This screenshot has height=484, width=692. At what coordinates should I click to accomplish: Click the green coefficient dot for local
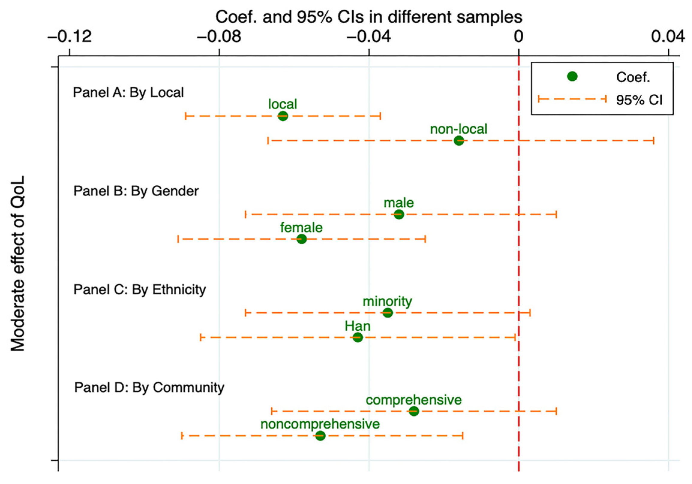282,116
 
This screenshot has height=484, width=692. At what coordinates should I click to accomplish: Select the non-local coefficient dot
459,140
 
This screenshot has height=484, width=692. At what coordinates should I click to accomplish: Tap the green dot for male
399,215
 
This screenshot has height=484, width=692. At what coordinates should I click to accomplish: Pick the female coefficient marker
301,239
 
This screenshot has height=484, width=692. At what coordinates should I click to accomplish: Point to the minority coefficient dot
388,313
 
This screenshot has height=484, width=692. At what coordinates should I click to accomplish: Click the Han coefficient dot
357,338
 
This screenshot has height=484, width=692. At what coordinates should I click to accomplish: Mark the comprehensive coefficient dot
414,411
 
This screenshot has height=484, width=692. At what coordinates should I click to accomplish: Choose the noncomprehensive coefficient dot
321,435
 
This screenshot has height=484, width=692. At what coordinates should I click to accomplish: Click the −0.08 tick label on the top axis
219,37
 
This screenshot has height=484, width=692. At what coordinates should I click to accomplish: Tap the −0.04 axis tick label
368,37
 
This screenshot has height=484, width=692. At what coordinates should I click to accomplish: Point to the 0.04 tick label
668,37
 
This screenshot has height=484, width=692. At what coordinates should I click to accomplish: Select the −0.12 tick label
70,37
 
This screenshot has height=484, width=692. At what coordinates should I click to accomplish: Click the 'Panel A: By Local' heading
128,93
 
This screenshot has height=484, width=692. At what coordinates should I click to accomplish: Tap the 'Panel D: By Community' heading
149,388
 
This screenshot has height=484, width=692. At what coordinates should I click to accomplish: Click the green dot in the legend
572,77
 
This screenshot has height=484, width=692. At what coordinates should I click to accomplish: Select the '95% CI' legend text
639,100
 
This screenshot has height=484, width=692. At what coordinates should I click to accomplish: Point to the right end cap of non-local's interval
654,140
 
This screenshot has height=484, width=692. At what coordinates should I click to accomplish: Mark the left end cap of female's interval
178,239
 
